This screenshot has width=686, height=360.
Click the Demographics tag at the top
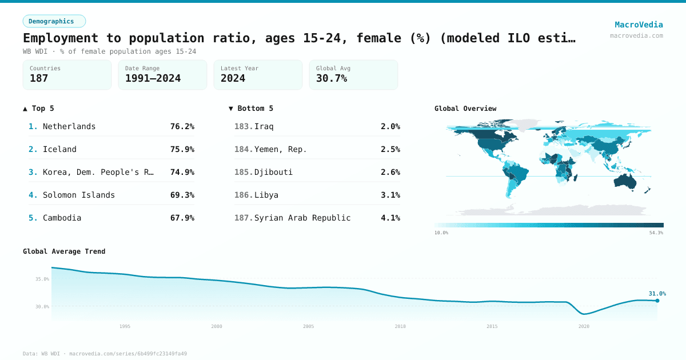click(x=54, y=21)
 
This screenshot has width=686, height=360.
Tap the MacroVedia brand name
click(x=639, y=25)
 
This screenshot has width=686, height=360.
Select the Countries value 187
click(x=39, y=78)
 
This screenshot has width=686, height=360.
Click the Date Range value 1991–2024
click(x=153, y=78)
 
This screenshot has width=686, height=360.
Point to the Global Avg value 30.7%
click(x=332, y=78)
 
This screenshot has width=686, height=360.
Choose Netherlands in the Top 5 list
click(x=69, y=126)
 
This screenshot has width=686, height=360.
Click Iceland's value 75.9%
click(x=182, y=149)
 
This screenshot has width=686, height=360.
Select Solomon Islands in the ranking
click(x=79, y=195)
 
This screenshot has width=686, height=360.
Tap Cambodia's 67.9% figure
click(x=182, y=218)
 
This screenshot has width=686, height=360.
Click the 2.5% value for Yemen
click(x=390, y=149)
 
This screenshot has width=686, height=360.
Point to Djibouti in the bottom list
click(x=273, y=172)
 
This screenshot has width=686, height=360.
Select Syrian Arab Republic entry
click(x=302, y=218)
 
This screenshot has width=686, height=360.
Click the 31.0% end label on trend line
click(x=657, y=294)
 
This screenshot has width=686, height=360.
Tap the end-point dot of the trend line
click(x=657, y=301)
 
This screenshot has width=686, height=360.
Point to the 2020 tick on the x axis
click(x=584, y=326)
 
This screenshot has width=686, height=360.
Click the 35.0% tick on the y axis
click(x=42, y=279)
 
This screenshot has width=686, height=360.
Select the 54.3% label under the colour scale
click(x=656, y=233)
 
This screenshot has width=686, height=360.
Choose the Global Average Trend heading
click(x=64, y=251)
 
